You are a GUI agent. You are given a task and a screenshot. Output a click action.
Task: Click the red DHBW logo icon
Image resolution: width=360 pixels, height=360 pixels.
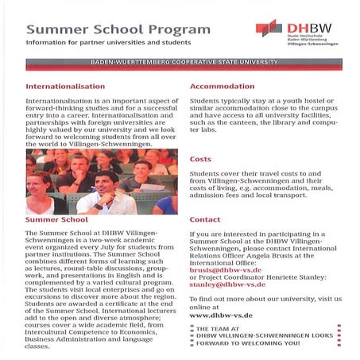click(269, 29)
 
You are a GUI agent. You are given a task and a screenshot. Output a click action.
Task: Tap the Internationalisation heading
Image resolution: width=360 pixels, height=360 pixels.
click(65, 85)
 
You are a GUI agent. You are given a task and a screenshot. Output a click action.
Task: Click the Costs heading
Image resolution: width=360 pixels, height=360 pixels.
click(200, 159)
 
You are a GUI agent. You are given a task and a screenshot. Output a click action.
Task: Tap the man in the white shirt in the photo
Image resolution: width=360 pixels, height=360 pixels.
click(103, 195)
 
